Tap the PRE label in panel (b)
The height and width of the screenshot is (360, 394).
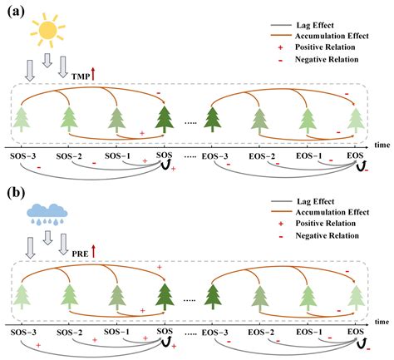(80, 249)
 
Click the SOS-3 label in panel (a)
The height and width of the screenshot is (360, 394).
(24, 156)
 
